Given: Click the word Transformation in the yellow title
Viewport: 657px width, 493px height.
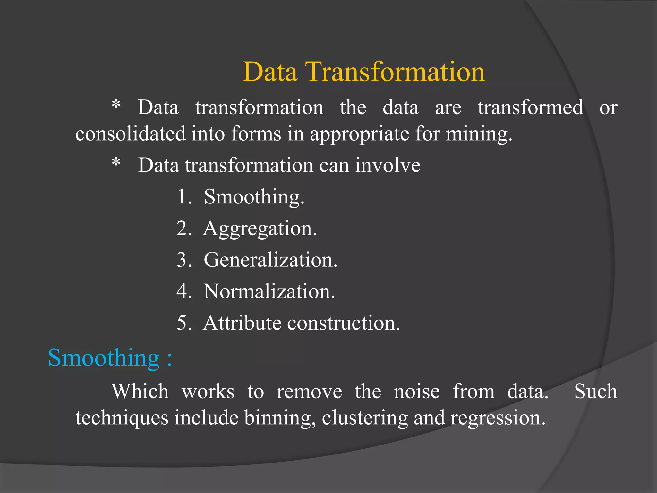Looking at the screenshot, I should tap(395, 72).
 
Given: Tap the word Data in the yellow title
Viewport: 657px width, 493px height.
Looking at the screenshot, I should tap(270, 72).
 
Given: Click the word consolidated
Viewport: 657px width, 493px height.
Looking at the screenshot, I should tap(130, 134).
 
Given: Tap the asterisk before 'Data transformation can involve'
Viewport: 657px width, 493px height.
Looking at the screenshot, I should tap(116, 162).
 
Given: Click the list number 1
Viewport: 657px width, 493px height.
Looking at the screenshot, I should tap(183, 196).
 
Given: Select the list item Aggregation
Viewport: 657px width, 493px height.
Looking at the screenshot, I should tap(260, 229).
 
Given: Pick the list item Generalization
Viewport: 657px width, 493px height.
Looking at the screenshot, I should tap(270, 260).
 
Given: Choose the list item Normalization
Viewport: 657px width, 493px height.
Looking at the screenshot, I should tap(269, 291).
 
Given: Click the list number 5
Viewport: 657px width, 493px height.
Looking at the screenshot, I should tap(183, 323).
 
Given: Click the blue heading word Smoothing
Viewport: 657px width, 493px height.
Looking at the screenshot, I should tap(104, 358).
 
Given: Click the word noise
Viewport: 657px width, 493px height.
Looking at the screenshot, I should tap(417, 392).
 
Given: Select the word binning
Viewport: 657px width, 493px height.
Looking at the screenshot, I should tap(280, 418).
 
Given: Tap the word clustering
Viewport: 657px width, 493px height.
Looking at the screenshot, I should tap(365, 418).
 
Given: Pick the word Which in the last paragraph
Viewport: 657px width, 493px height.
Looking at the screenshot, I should tap(140, 392).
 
